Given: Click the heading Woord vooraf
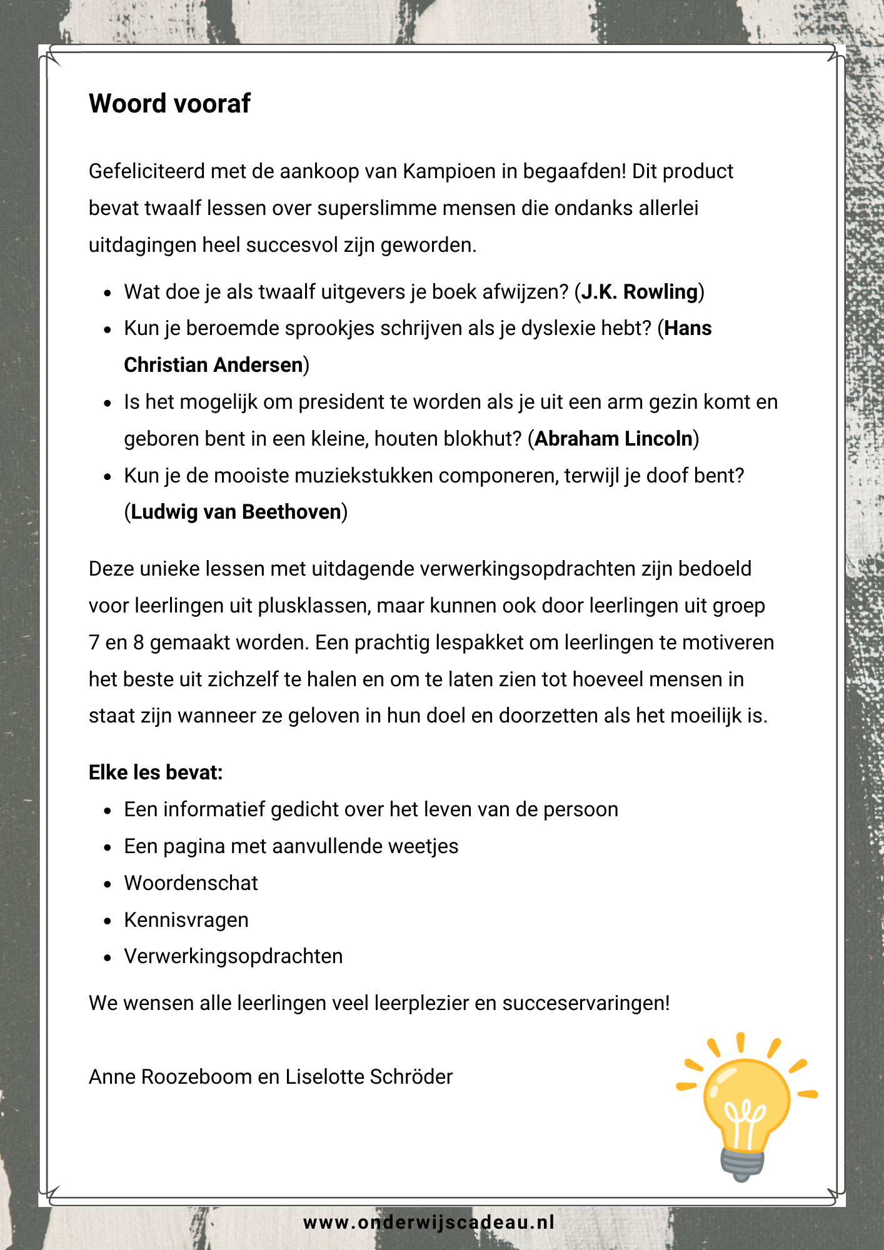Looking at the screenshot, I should click(169, 104).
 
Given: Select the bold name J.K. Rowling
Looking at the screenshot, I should click(639, 292).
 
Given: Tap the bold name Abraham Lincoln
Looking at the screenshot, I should click(613, 439).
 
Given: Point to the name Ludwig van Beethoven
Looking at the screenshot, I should click(236, 512).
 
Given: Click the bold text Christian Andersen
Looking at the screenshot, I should click(213, 365).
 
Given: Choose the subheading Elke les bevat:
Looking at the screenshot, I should click(156, 772).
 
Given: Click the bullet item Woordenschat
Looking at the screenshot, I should click(191, 883).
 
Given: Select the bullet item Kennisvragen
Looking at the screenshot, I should click(186, 920).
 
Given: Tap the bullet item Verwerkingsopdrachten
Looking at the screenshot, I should click(233, 956).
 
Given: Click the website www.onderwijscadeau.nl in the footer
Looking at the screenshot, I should click(429, 1222).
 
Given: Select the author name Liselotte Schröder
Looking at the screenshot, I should click(369, 1077).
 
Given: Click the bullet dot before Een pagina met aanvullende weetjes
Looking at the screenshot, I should click(108, 847).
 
